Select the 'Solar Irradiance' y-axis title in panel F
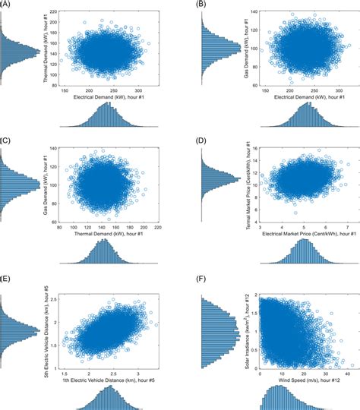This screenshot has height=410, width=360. [249, 326]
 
